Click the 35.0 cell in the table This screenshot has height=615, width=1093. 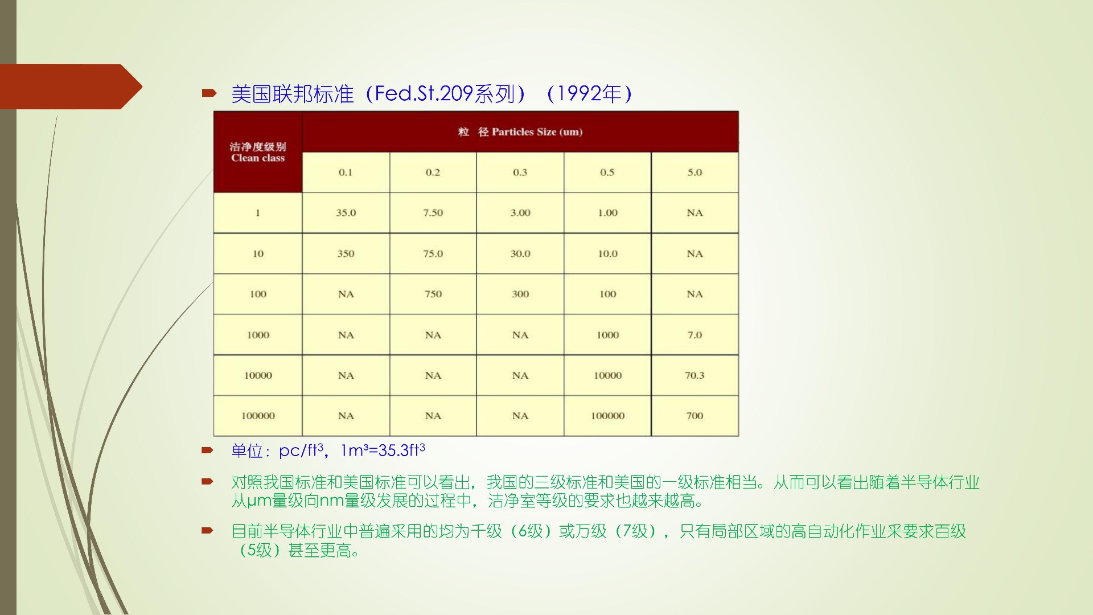[x=346, y=213]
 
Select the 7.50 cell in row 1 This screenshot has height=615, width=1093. [x=433, y=213]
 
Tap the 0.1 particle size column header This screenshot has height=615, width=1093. [x=346, y=173]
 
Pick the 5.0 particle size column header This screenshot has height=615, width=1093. [x=695, y=173]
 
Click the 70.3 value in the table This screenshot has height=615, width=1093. [x=695, y=376]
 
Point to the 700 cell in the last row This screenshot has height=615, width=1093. [x=695, y=416]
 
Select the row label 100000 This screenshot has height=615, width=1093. [x=258, y=416]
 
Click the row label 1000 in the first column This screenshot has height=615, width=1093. [x=258, y=335]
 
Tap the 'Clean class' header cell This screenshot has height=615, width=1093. [x=258, y=152]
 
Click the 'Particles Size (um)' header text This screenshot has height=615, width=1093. [x=537, y=132]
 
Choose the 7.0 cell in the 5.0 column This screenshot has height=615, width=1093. [x=695, y=335]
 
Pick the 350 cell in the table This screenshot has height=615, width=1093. [x=346, y=254]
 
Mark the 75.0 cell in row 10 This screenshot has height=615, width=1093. [x=433, y=254]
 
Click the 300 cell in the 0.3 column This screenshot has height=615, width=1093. [x=520, y=294]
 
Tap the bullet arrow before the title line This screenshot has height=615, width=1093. [x=209, y=92]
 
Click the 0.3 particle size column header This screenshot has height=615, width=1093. [x=520, y=173]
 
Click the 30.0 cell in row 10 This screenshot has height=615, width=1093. [x=520, y=254]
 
